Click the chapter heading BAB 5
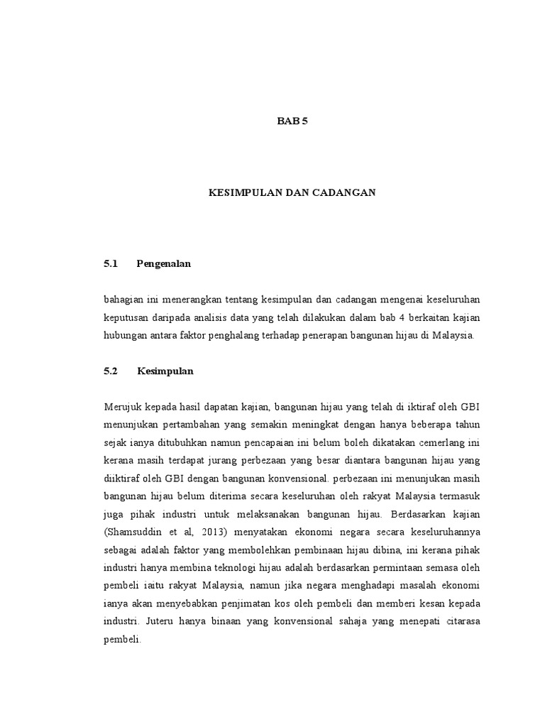click(x=292, y=121)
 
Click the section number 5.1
click(x=110, y=263)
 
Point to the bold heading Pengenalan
click(x=164, y=263)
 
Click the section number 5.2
click(x=110, y=371)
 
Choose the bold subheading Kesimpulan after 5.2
click(x=165, y=371)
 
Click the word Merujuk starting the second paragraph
click(x=122, y=406)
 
